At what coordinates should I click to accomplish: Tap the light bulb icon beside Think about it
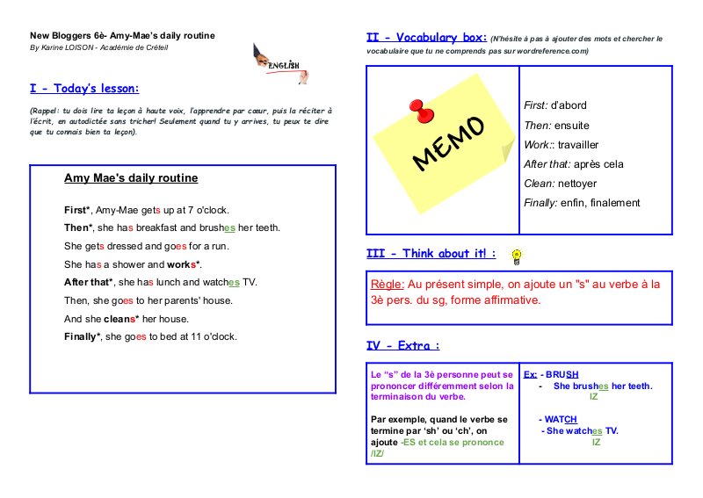[x=517, y=256]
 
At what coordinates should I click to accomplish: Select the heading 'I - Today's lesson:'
[x=84, y=89]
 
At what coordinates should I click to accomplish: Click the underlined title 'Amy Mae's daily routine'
[x=131, y=178]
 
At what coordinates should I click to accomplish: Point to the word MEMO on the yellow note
[x=447, y=143]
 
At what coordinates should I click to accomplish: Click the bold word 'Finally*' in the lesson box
[x=83, y=336]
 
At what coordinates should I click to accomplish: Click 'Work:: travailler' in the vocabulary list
[x=572, y=143]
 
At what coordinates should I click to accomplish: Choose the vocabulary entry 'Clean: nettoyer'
[x=569, y=184]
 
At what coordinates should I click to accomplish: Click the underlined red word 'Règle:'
[x=388, y=285]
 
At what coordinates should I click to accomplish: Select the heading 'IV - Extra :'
[x=402, y=345]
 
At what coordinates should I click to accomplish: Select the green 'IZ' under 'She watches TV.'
[x=597, y=442]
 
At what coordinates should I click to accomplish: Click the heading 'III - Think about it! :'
[x=431, y=254]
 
